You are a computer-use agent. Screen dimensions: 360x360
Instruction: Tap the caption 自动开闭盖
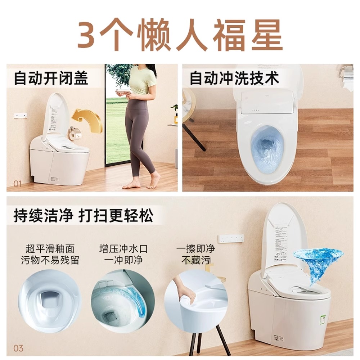[x=51, y=78]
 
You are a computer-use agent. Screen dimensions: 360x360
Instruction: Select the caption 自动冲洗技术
[x=234, y=78]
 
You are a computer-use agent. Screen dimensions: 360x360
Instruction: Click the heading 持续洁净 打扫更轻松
[x=83, y=216]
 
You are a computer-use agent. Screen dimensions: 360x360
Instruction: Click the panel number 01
[x=18, y=184]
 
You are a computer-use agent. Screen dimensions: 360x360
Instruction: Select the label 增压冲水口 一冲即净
[x=123, y=254]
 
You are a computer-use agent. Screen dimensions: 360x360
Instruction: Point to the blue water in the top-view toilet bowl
[x=266, y=148]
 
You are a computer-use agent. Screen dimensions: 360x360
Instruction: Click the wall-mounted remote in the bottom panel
[x=231, y=238]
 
